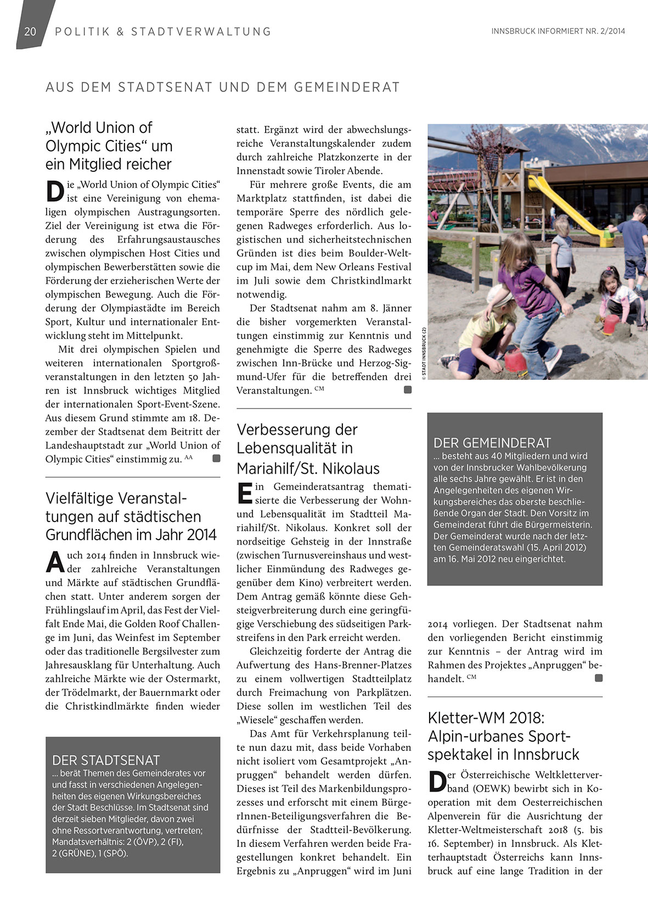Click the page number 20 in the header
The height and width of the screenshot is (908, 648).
coord(30,31)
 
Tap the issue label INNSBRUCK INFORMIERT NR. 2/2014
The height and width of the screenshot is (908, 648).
coord(558,31)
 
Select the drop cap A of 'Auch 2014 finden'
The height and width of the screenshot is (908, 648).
coord(55,561)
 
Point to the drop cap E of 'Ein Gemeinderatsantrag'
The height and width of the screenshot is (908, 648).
coord(245,492)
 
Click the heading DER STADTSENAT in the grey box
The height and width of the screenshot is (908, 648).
coord(106,760)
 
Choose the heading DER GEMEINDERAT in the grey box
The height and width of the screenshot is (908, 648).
coord(492,443)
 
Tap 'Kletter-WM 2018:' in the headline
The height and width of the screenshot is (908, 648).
coord(486,718)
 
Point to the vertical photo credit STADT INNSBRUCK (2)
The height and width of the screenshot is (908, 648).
coord(424,351)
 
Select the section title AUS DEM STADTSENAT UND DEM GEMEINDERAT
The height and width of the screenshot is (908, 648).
coord(223,87)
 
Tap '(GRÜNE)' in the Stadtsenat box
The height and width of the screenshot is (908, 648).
coord(78,853)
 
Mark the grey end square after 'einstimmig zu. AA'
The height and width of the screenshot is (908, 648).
coord(216,458)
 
